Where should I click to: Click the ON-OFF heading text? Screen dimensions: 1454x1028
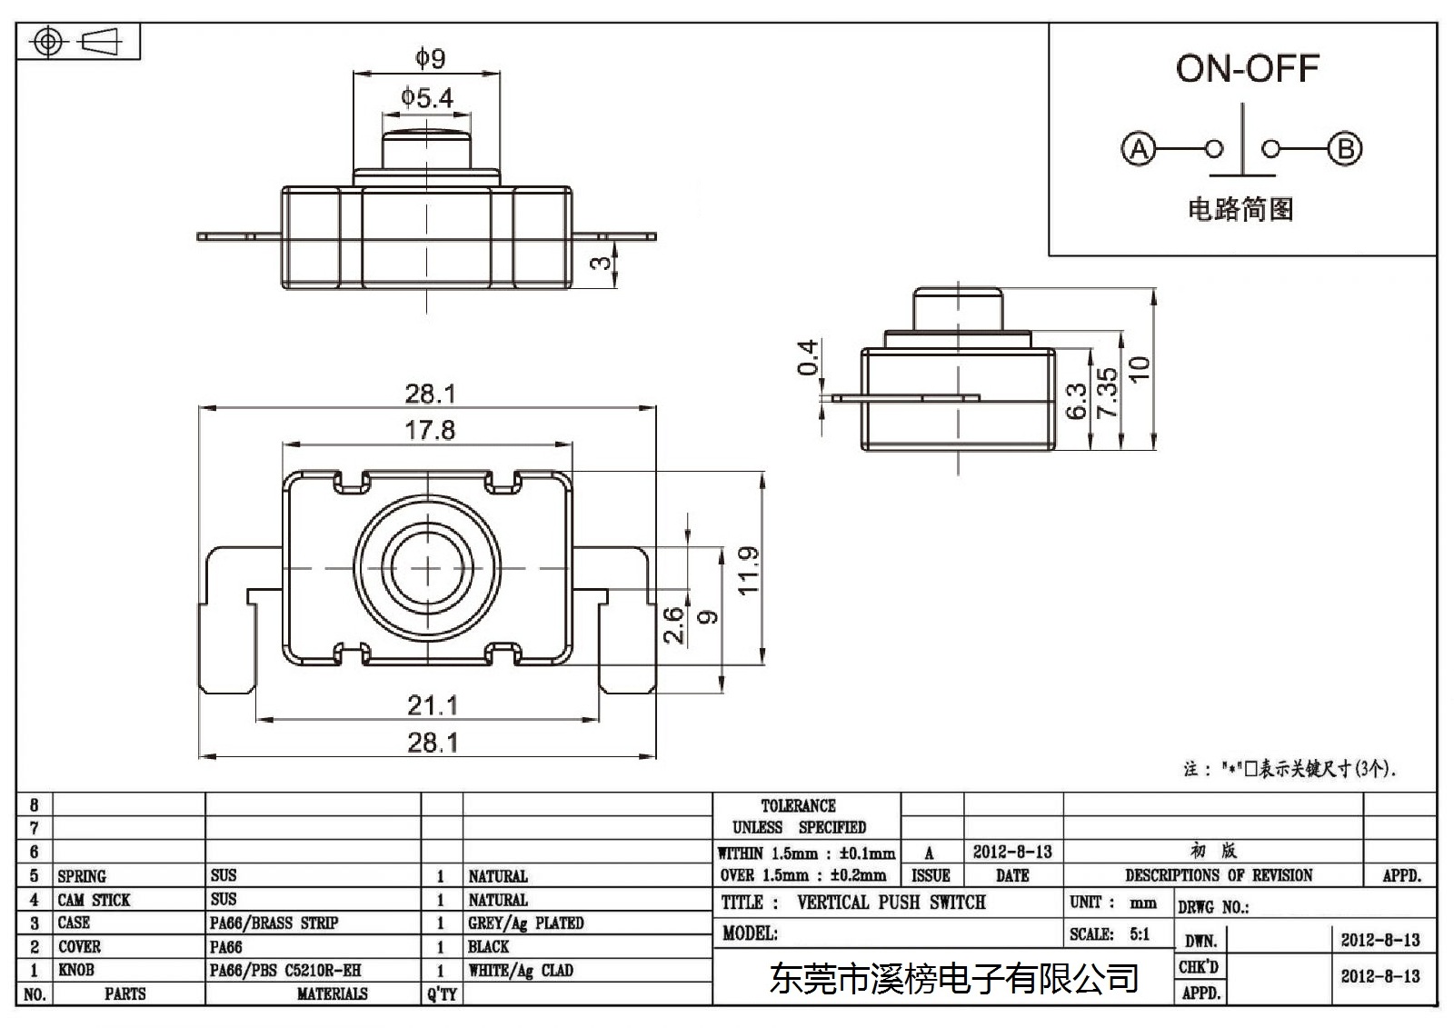(1247, 69)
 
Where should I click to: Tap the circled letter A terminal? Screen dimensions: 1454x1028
(1139, 149)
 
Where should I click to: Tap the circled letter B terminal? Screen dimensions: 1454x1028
(1345, 149)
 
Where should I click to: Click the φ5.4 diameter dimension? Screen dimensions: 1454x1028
(426, 97)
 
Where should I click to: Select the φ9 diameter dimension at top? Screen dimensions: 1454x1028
(430, 58)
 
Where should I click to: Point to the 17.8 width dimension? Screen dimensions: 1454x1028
(430, 430)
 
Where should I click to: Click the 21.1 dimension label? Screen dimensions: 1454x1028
(433, 705)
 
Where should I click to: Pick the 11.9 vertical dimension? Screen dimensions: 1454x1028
(749, 570)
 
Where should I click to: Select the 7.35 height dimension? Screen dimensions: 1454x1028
(1108, 393)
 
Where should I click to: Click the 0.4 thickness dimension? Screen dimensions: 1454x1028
(808, 357)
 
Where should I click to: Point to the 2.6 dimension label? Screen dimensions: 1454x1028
(673, 624)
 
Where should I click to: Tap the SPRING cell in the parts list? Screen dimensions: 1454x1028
(82, 876)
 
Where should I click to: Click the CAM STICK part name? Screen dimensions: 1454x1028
(95, 900)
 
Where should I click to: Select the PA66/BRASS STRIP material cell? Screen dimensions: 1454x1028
(274, 923)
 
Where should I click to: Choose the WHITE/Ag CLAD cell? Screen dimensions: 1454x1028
(521, 970)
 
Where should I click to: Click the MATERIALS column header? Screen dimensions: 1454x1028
(333, 993)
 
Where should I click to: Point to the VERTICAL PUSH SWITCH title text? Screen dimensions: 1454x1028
(891, 902)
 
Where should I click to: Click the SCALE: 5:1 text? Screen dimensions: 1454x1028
(1110, 933)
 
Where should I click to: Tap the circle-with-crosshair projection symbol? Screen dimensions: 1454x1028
(48, 42)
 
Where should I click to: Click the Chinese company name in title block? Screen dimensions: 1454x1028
(953, 978)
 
